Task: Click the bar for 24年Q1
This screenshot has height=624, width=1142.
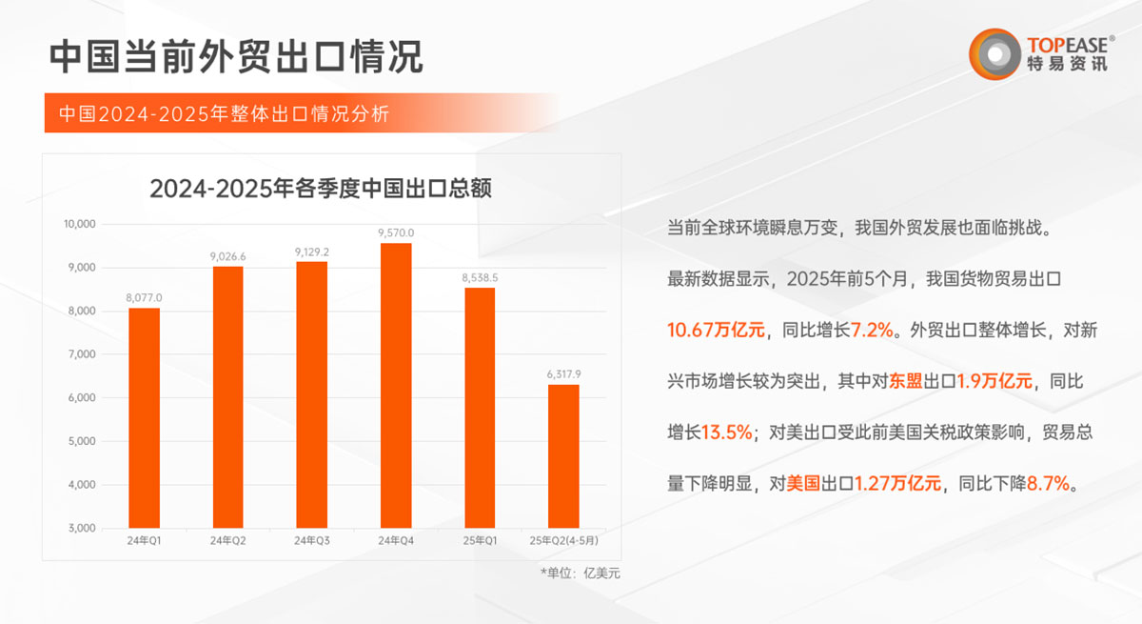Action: tap(144, 417)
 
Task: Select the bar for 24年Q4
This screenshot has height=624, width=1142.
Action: tap(395, 385)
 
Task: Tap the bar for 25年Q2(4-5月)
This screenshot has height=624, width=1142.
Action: tap(563, 455)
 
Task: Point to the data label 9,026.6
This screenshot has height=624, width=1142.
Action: tap(227, 256)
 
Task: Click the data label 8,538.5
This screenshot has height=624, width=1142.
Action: tap(480, 277)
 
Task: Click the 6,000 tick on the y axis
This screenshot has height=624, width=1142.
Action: tap(83, 398)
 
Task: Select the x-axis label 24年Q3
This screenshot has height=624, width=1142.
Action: tap(311, 541)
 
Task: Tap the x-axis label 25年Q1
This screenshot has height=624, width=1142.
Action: tap(480, 541)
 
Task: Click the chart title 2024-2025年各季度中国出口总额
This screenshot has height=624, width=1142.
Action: tap(320, 189)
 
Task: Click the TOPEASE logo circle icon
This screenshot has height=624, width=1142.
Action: tap(994, 52)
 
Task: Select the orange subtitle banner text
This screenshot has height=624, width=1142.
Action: tap(224, 113)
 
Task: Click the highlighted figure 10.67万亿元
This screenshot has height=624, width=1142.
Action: tap(716, 331)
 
